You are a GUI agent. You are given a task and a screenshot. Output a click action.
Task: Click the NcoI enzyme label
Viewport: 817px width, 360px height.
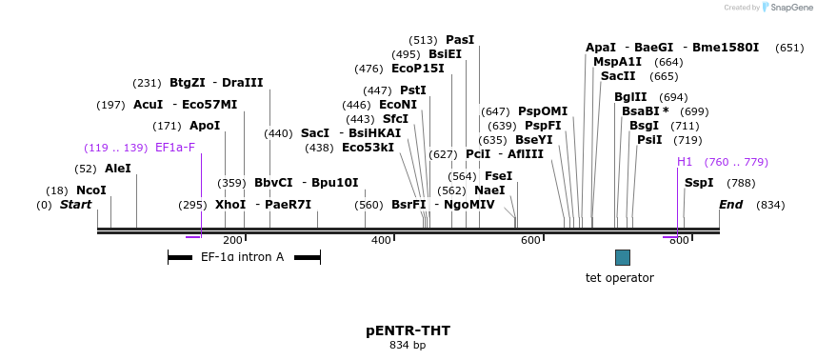[x=91, y=190]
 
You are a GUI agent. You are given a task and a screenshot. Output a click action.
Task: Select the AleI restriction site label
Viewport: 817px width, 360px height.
[x=118, y=169]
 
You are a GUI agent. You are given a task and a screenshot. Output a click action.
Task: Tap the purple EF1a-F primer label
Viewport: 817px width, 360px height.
[x=175, y=148]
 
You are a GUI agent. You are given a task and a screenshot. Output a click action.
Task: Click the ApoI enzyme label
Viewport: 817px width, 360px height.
[x=205, y=126]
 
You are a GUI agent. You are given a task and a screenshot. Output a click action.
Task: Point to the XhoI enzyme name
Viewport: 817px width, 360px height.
[x=230, y=205]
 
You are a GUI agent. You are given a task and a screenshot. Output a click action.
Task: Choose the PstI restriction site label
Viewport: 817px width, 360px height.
[x=413, y=90]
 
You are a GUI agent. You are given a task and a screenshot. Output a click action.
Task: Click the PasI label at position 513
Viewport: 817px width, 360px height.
[x=460, y=40]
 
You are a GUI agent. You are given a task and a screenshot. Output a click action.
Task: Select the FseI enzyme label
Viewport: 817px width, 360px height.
[x=498, y=176]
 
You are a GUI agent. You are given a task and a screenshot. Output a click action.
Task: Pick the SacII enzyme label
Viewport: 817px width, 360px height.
[x=618, y=76]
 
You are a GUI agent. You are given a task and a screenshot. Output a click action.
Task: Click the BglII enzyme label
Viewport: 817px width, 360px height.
[x=630, y=97]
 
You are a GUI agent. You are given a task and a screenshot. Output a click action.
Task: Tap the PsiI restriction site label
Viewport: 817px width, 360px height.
[x=649, y=140]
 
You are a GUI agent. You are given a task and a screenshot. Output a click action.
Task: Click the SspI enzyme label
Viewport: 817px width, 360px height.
[x=699, y=183]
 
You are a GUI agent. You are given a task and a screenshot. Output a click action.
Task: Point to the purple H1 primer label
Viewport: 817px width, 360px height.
[x=685, y=162]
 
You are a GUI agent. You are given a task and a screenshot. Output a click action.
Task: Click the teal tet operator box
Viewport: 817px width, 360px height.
[x=623, y=257]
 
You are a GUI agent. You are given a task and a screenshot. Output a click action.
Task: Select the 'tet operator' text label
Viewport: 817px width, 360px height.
[x=619, y=278]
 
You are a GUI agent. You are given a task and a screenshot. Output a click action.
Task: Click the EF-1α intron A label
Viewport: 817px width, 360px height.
[x=242, y=257]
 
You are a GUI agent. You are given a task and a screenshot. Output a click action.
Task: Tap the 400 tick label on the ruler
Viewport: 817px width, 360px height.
[x=381, y=241]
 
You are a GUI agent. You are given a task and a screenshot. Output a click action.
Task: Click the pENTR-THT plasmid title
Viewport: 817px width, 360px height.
[x=408, y=330]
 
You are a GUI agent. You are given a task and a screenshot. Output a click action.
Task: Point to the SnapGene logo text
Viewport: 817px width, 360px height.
[x=790, y=8]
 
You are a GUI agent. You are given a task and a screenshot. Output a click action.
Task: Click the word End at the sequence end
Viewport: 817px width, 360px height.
[x=730, y=205]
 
